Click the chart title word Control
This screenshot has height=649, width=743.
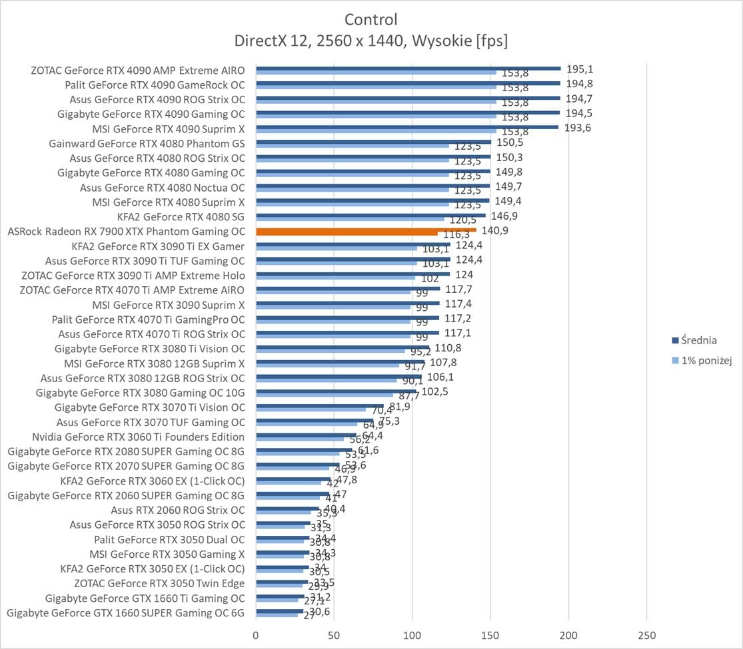(371, 19)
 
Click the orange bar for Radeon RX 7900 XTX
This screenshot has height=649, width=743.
(366, 230)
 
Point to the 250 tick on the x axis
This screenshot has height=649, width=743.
(646, 636)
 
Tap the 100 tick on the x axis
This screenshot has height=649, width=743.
(412, 636)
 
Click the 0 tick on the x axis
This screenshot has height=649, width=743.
(256, 636)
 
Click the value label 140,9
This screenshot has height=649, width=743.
(495, 231)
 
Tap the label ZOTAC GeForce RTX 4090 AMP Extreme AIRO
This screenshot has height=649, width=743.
(137, 70)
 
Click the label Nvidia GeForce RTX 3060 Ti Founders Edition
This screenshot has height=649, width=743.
(138, 437)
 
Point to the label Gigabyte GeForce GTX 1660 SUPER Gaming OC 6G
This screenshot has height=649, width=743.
(125, 612)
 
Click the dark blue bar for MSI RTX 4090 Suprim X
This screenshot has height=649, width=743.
(406, 126)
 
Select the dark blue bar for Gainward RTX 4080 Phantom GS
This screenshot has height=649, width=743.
(373, 141)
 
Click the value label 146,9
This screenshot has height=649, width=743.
(504, 216)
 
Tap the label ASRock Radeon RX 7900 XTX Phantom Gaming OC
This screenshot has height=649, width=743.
(126, 232)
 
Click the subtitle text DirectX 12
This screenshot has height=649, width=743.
(269, 41)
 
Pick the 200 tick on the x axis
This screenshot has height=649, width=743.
(568, 636)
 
